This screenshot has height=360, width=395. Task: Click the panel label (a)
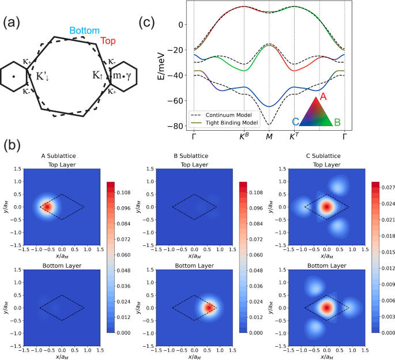pos(14,22)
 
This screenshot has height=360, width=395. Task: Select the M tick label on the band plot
pos(269,137)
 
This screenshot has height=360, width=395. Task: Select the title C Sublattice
pos(326,156)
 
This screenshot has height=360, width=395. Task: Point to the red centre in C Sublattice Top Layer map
pos(326,206)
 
